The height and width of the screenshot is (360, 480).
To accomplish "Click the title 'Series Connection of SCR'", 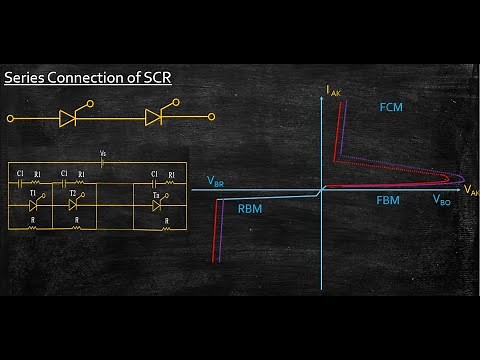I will (x=87, y=77).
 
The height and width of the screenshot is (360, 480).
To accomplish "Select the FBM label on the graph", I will (x=390, y=200).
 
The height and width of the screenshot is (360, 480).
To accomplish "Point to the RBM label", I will (x=250, y=209).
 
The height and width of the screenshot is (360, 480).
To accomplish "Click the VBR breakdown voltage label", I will (x=216, y=183).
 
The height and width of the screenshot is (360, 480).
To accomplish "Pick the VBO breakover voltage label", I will (x=440, y=200).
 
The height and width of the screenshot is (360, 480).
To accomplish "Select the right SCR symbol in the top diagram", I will (x=155, y=118).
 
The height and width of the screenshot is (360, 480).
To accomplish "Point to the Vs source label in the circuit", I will (x=103, y=154).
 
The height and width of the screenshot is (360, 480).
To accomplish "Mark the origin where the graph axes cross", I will (x=321, y=190).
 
